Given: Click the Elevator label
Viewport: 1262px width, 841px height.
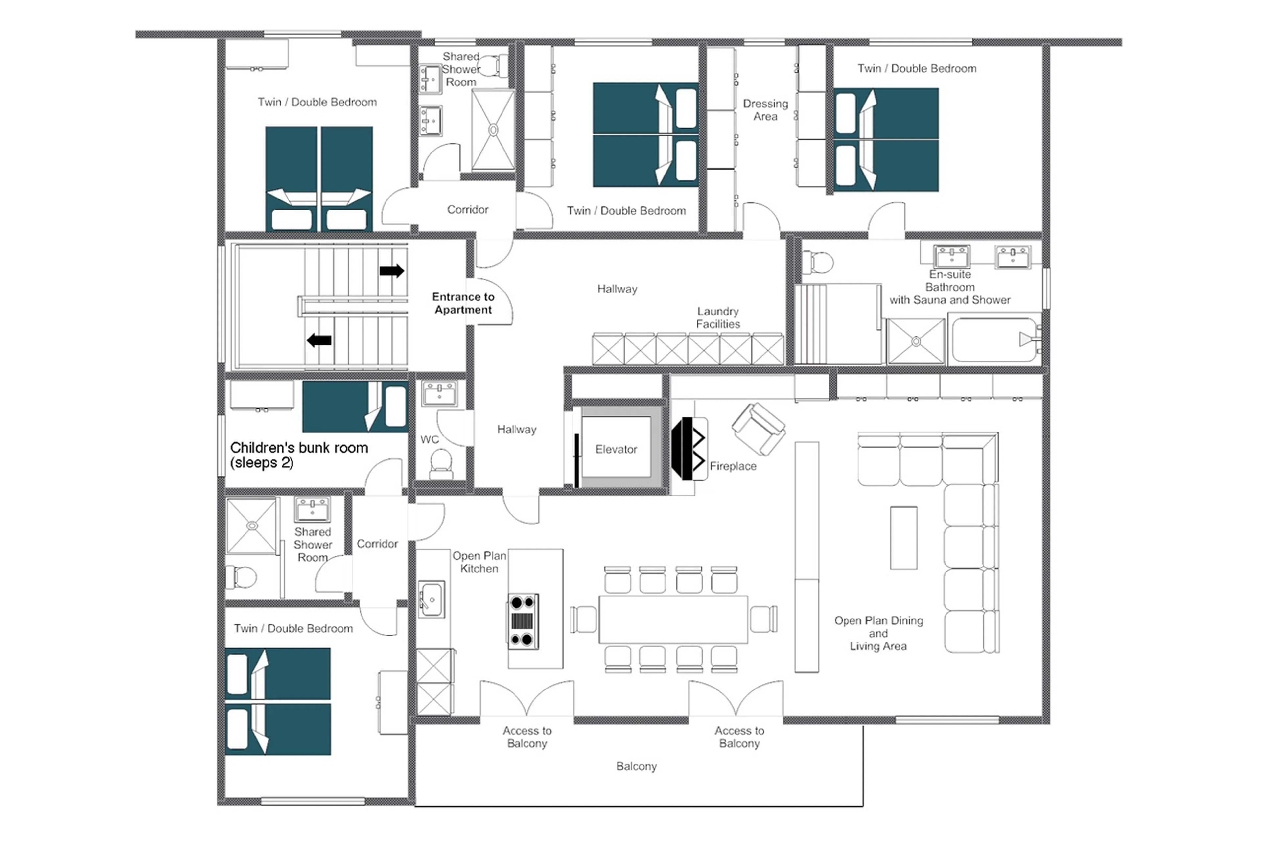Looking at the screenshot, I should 615,449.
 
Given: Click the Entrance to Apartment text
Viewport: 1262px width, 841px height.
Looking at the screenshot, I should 463,303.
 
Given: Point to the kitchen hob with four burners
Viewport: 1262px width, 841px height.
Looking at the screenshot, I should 523,621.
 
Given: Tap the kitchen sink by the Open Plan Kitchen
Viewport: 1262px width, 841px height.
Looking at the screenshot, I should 431,598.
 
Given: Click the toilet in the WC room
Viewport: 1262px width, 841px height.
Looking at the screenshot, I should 441,463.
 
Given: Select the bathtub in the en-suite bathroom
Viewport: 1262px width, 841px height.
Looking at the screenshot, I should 994,339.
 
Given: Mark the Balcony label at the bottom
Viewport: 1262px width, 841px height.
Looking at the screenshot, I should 636,766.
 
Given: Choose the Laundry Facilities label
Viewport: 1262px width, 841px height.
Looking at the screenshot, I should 718,317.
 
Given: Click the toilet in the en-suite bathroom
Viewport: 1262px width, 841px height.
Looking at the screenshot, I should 818,262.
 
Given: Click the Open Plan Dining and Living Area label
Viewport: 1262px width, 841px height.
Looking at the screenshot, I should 878,633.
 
